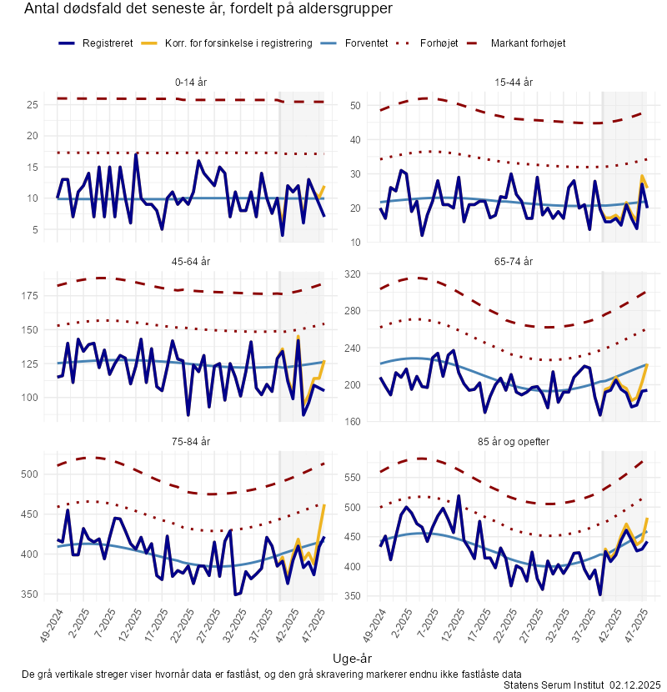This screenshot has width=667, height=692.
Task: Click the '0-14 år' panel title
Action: [192, 83]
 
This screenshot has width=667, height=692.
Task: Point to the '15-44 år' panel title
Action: [514, 83]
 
